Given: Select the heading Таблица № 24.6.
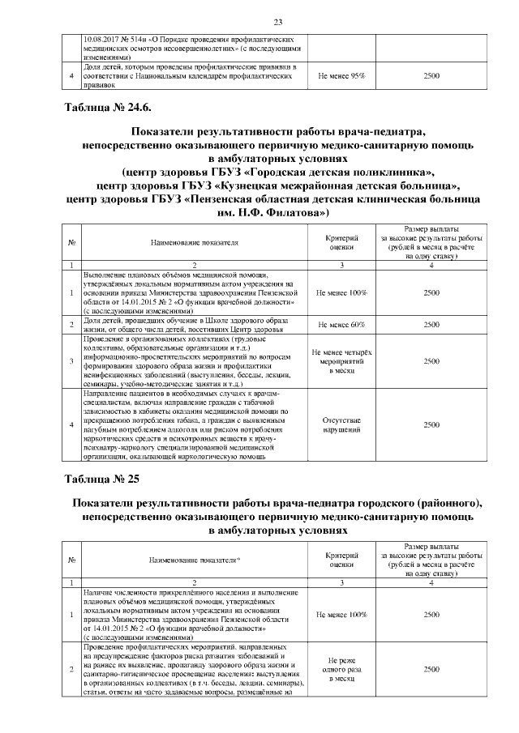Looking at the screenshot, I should pyautogui.click(x=100, y=106).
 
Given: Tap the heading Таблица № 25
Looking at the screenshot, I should pyautogui.click(x=96, y=479).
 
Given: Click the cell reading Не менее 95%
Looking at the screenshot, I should pyautogui.click(x=341, y=75).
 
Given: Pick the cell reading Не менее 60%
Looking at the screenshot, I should pyautogui.click(x=341, y=324).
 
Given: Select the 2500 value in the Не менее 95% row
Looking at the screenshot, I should pyautogui.click(x=431, y=75).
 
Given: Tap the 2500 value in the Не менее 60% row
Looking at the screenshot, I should pyautogui.click(x=431, y=324).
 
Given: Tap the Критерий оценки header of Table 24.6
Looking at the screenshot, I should pyautogui.click(x=341, y=241).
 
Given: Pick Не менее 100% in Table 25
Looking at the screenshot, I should pyautogui.click(x=341, y=615).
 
